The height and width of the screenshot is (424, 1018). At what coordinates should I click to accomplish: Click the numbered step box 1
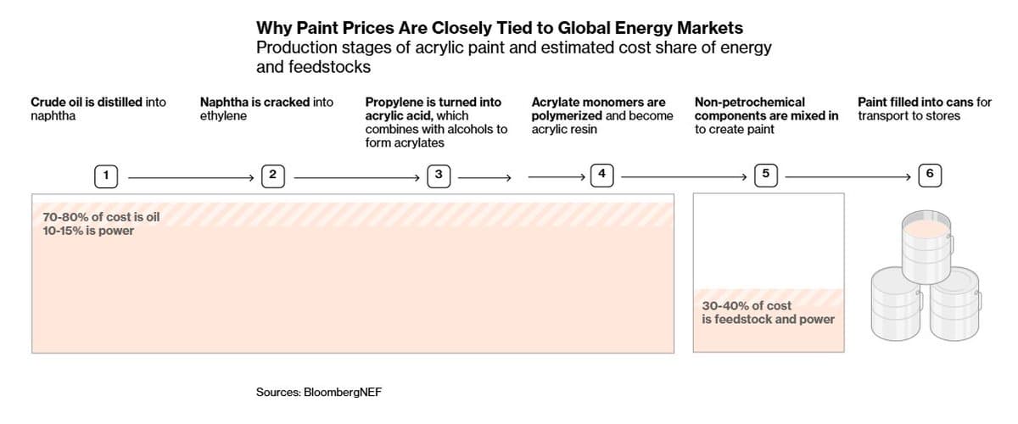(106, 176)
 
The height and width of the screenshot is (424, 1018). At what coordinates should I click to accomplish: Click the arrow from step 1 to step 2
(191, 177)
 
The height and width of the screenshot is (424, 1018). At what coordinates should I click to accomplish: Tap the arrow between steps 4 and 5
(687, 177)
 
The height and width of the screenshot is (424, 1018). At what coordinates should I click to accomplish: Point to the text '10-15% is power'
(88, 230)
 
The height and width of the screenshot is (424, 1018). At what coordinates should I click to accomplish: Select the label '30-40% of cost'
(747, 305)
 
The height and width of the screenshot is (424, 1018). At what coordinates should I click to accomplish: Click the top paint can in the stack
(926, 246)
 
